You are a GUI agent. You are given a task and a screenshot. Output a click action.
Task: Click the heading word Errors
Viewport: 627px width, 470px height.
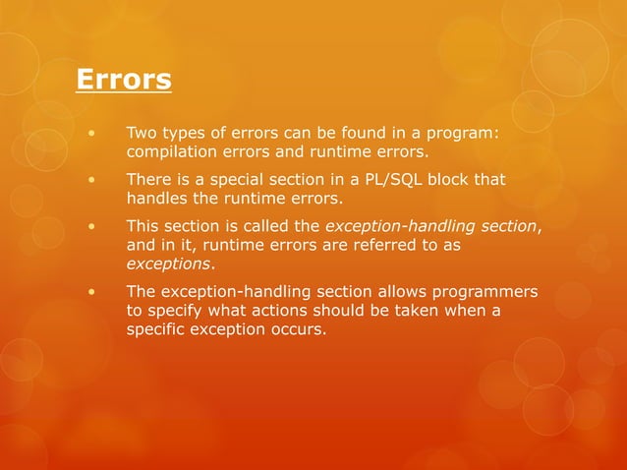124,78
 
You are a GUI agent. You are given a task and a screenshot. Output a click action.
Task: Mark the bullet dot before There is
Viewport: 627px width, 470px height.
91,180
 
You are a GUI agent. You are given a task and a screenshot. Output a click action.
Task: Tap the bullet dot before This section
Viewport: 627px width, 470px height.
91,226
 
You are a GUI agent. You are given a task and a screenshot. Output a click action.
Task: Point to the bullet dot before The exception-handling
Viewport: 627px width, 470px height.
91,291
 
